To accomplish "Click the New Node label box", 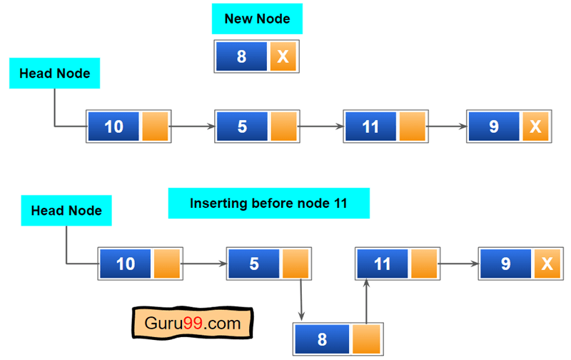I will tap(257, 19).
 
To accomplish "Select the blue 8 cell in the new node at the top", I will tap(242, 56).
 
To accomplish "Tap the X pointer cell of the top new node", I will tap(283, 56).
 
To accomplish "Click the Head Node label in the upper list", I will tap(54, 74).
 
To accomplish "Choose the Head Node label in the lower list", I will tap(66, 211).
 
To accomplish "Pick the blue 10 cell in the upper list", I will tap(113, 126).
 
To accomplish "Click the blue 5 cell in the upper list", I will tap(242, 126).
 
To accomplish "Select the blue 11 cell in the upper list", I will tap(370, 126).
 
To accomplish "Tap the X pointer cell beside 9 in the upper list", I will tap(535, 126).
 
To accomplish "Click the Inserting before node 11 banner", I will tap(268, 204).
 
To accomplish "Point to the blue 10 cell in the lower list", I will tap(125, 264).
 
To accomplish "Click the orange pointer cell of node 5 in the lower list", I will tap(295, 264).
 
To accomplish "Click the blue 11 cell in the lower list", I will tap(382, 264).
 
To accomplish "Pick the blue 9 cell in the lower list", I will tap(505, 264).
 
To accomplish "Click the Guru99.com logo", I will tap(193, 323).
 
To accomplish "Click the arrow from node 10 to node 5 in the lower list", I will tap(204, 264).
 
